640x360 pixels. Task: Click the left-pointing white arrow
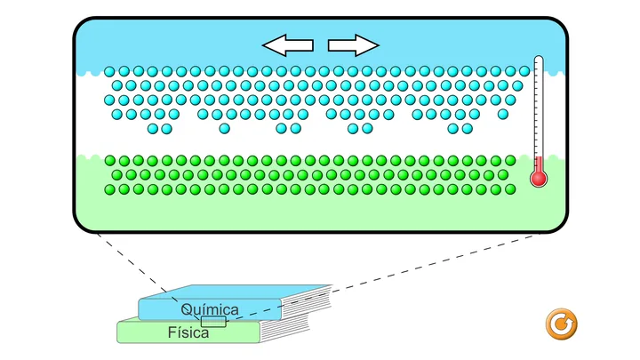click(287, 45)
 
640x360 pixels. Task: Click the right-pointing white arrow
click(354, 45)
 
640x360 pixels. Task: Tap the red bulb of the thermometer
click(539, 179)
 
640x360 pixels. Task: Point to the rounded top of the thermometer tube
click(539, 60)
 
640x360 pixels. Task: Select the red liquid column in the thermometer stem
click(539, 164)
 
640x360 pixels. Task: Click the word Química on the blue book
click(210, 310)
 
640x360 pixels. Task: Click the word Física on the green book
click(188, 332)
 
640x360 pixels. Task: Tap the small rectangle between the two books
click(213, 322)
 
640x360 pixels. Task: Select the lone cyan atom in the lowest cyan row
click(224, 129)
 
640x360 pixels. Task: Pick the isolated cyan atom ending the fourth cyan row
click(503, 115)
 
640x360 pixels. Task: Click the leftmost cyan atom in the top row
click(109, 72)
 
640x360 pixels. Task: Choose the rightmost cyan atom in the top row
click(524, 71)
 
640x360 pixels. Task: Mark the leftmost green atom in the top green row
click(110, 160)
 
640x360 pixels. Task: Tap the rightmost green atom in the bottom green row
click(510, 189)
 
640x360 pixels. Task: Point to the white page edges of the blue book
click(306, 303)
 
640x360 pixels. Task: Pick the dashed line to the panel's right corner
click(382, 277)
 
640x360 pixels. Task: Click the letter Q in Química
click(186, 310)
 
